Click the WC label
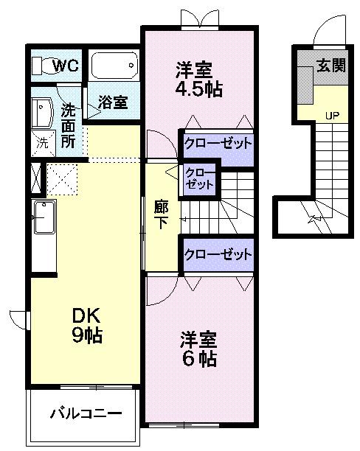(67, 66)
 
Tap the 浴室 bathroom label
(114, 102)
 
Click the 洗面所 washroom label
(69, 125)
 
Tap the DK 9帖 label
(86, 325)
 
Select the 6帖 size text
(199, 359)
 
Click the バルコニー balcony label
(85, 413)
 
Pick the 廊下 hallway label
(160, 214)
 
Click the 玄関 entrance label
(331, 66)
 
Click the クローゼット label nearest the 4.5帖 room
(217, 143)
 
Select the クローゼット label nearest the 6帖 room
(217, 255)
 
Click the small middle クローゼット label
(199, 178)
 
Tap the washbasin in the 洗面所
(41, 113)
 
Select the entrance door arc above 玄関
(325, 32)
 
